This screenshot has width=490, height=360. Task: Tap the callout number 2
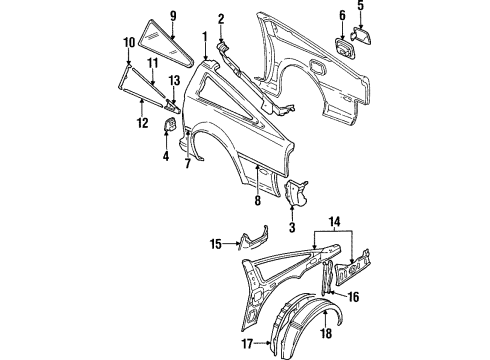click(221, 17)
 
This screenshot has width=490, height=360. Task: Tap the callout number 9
click(172, 16)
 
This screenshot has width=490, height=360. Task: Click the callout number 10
click(129, 42)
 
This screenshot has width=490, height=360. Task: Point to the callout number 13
click(173, 79)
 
